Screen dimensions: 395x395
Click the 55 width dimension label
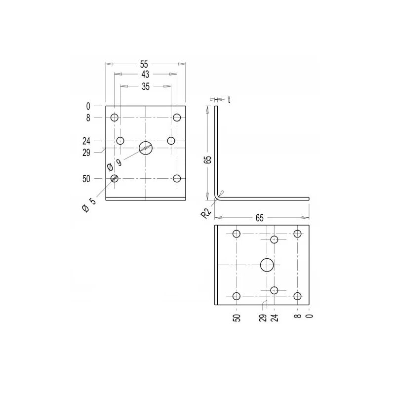[x=144, y=64]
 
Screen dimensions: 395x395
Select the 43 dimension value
[x=145, y=74]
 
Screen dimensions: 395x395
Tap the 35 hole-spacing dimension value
[x=146, y=86]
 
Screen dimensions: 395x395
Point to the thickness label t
[x=229, y=99]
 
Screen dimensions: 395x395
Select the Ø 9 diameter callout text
[x=114, y=164]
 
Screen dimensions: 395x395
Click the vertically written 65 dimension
[x=208, y=159]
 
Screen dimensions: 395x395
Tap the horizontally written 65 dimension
[x=260, y=217]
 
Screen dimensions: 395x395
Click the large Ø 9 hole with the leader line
[x=146, y=148]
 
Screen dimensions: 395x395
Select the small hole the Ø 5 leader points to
[x=115, y=178]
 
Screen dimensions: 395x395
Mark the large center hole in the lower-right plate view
[x=267, y=265]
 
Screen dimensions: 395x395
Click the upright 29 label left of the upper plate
[x=86, y=153]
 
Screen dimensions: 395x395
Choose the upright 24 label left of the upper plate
[x=86, y=141]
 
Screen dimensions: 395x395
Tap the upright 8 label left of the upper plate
[x=88, y=118]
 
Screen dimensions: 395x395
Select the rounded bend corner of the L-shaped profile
[x=217, y=197]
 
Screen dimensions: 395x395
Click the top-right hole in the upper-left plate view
[x=177, y=118]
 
